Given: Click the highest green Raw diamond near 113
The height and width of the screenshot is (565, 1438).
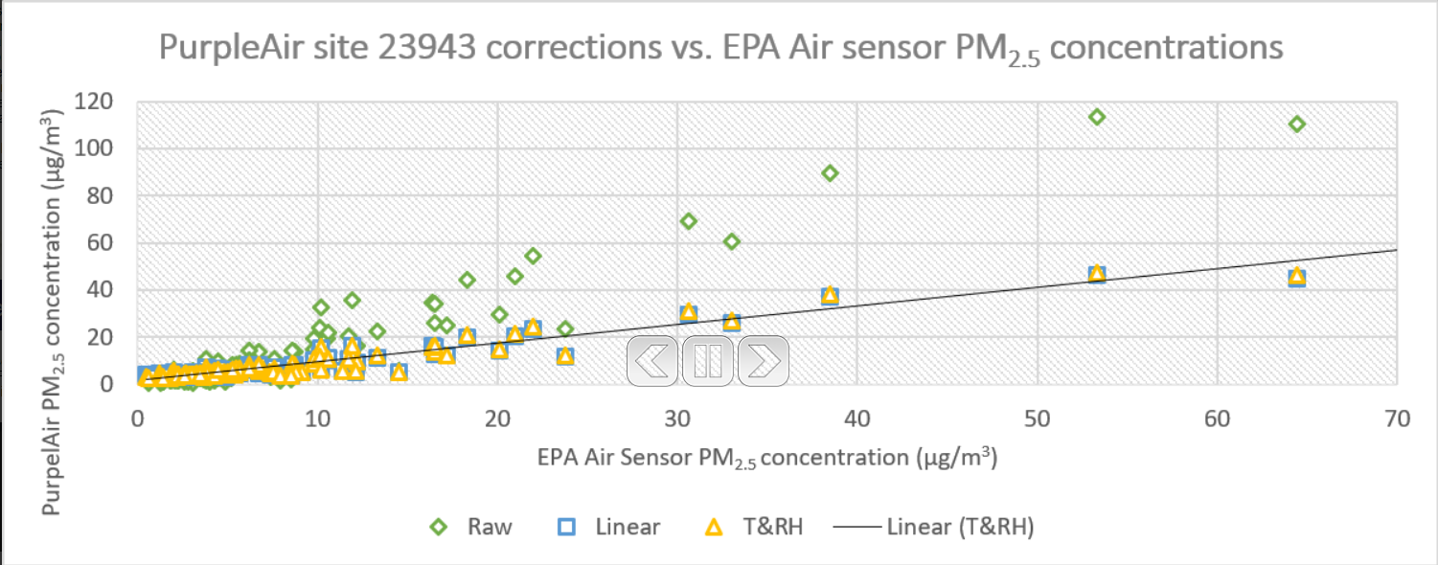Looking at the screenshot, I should [1097, 117].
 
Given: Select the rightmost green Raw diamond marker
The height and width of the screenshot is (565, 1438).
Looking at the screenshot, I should [1297, 124].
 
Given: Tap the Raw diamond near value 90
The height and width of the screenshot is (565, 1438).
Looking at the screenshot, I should [830, 173].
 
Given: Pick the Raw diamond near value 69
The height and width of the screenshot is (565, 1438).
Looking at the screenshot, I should [688, 221].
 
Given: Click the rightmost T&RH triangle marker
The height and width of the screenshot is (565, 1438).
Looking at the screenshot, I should [1297, 276].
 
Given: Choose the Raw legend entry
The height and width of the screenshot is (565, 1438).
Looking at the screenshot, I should [471, 527].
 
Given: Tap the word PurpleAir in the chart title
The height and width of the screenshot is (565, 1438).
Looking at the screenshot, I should [224, 47].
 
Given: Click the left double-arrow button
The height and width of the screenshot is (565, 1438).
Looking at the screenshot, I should [653, 360].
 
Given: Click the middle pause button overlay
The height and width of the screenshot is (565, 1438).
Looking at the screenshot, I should [708, 360].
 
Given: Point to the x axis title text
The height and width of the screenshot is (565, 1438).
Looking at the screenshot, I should [765, 459].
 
